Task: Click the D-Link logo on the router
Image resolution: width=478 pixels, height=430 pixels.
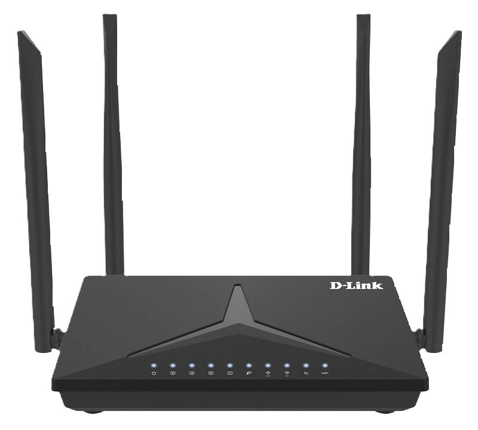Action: click(356, 285)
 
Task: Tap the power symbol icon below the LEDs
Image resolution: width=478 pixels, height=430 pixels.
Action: click(154, 373)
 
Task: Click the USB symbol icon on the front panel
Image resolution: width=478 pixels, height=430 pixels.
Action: click(325, 373)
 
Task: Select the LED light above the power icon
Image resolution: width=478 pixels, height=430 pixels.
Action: click(154, 365)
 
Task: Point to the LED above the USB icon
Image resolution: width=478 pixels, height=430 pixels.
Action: click(325, 365)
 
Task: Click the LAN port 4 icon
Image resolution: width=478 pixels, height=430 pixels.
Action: click(173, 373)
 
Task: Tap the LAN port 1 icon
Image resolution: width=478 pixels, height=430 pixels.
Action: click(230, 373)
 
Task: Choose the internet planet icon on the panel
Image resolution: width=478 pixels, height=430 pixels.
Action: click(249, 373)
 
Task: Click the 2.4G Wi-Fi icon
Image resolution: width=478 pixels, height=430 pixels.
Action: click(268, 374)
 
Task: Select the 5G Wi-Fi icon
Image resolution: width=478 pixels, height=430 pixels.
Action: click(287, 374)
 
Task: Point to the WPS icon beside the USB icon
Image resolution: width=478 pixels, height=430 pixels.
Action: click(306, 373)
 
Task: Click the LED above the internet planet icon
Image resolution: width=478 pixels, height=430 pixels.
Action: click(249, 365)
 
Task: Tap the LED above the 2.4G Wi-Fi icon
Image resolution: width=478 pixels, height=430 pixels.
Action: click(268, 365)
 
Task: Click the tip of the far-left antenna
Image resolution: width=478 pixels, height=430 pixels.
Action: click(20, 32)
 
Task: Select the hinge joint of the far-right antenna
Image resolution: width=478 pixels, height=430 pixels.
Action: click(420, 337)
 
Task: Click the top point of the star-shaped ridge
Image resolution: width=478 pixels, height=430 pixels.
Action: click(237, 285)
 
